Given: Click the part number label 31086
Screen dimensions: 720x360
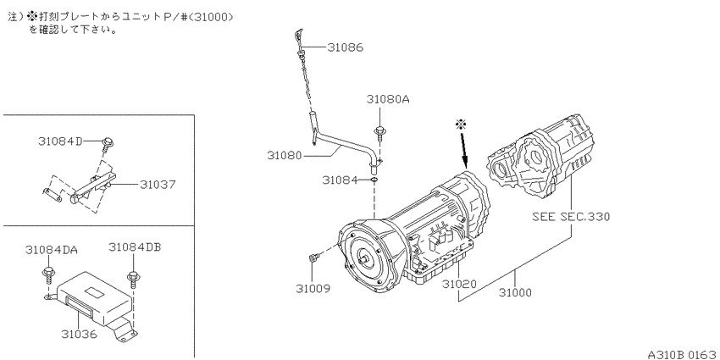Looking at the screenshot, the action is pyautogui.click(x=345, y=47).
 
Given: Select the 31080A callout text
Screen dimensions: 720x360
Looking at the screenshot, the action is pyautogui.click(x=388, y=99).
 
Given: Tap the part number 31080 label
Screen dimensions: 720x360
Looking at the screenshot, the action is pyautogui.click(x=285, y=156).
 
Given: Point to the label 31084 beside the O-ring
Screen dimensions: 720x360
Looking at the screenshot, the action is pyautogui.click(x=340, y=180).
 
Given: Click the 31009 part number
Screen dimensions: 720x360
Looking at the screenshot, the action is pyautogui.click(x=313, y=288).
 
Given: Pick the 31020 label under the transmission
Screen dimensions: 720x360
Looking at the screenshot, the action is pyautogui.click(x=459, y=285).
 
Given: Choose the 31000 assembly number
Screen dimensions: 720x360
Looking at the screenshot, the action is pyautogui.click(x=514, y=292).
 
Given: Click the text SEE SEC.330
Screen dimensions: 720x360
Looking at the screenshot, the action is pyautogui.click(x=571, y=216).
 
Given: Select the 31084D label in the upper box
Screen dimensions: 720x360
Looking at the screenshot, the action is pyautogui.click(x=59, y=141).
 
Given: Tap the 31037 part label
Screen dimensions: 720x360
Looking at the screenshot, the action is pyautogui.click(x=158, y=185).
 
